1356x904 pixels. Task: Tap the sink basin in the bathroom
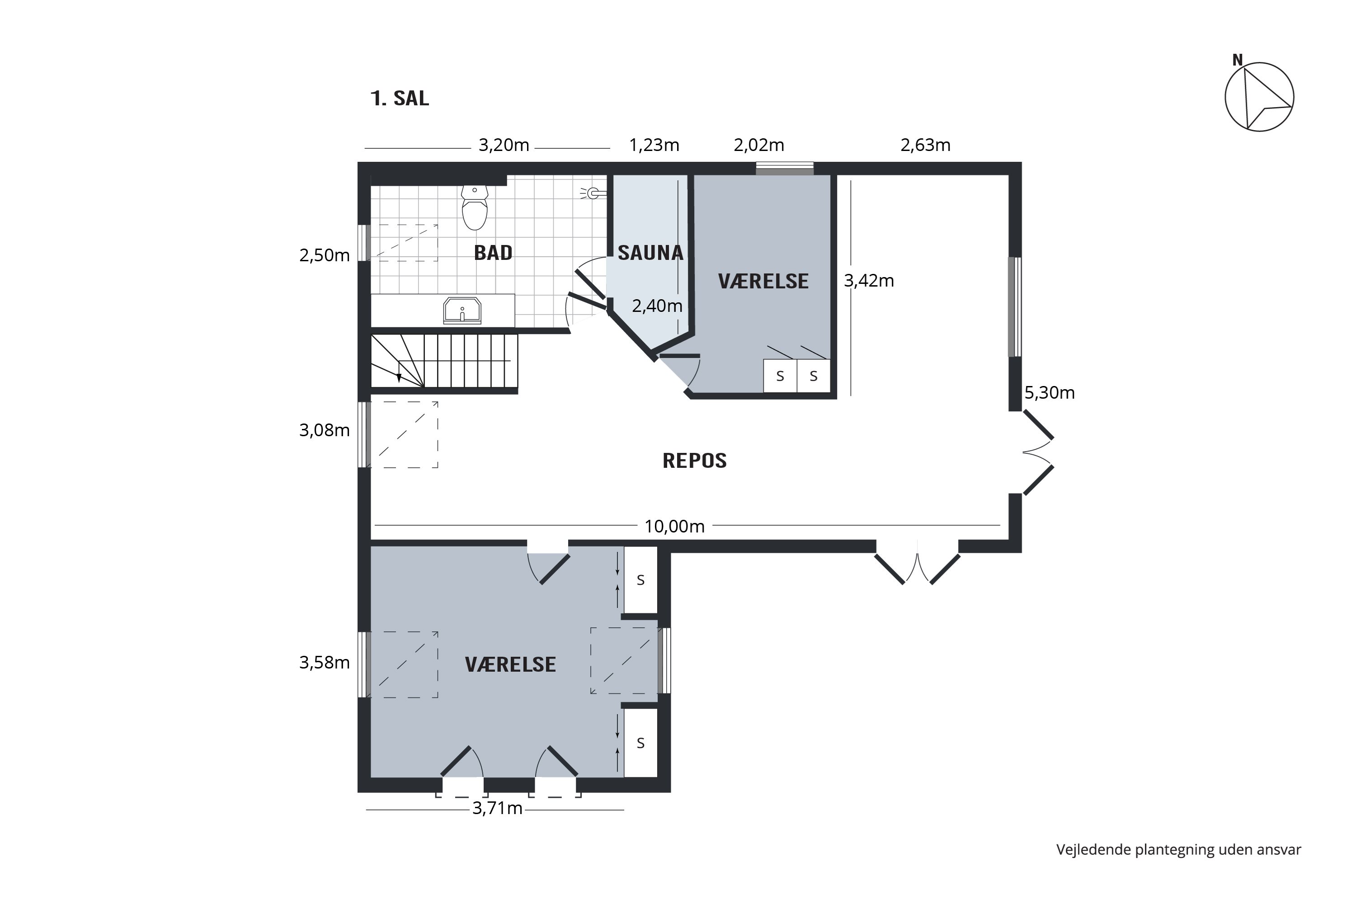(462, 311)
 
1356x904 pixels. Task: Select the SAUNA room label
(650, 253)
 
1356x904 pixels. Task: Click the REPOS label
(694, 461)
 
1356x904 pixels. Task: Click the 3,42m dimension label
(868, 281)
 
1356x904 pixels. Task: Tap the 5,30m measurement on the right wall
(1049, 393)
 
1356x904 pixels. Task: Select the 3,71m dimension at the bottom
(497, 808)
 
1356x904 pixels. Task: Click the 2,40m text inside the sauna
(657, 306)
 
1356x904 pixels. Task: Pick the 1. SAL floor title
(400, 99)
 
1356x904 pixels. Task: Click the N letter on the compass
(1237, 60)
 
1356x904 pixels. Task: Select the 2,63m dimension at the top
(925, 145)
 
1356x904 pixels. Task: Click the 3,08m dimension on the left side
(324, 430)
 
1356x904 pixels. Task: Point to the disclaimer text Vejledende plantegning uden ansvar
(1178, 849)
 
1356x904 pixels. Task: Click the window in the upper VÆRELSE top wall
(784, 168)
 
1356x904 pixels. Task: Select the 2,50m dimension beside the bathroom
(324, 255)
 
